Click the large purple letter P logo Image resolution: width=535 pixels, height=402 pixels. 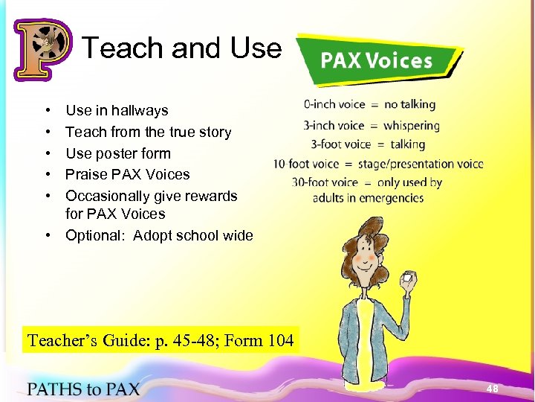click(x=42, y=49)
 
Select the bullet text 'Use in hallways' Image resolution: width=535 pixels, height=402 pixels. click(x=117, y=111)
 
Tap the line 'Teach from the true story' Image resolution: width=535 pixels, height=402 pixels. click(x=148, y=133)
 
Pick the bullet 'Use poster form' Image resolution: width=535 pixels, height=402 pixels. click(x=118, y=154)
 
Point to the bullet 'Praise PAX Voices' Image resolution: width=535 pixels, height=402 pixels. click(x=128, y=175)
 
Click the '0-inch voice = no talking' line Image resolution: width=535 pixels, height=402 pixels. click(x=369, y=105)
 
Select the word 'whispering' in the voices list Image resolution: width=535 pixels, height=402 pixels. click(x=412, y=126)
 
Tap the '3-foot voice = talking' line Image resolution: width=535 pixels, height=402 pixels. click(x=367, y=144)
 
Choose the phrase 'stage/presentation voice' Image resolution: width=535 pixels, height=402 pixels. click(x=421, y=164)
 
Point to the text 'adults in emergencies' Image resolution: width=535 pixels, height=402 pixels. click(x=368, y=198)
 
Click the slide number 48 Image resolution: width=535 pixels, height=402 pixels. click(x=492, y=389)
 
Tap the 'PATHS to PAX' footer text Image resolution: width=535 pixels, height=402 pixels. click(x=83, y=389)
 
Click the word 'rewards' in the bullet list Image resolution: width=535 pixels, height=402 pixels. click(x=206, y=197)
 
